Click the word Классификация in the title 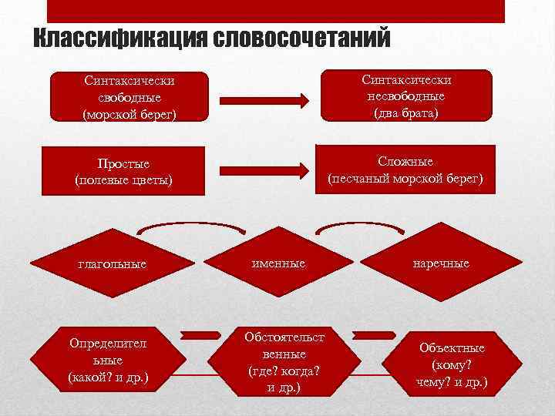(116, 38)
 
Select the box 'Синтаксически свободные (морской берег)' (130, 97)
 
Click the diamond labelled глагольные (113, 264)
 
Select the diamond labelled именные (277, 264)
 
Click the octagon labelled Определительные (108, 359)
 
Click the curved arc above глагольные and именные (193, 224)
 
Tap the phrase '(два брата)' (406, 113)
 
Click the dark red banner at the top (276, 11)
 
